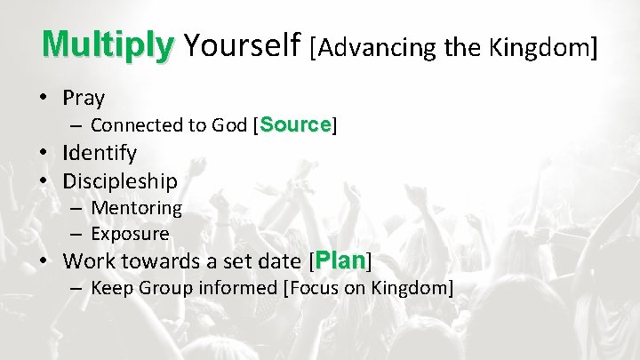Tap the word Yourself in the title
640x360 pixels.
[240, 44]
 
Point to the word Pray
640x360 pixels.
[84, 99]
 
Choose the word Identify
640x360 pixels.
[100, 153]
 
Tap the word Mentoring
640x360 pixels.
[136, 208]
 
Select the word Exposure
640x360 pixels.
[130, 235]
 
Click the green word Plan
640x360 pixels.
[340, 261]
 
